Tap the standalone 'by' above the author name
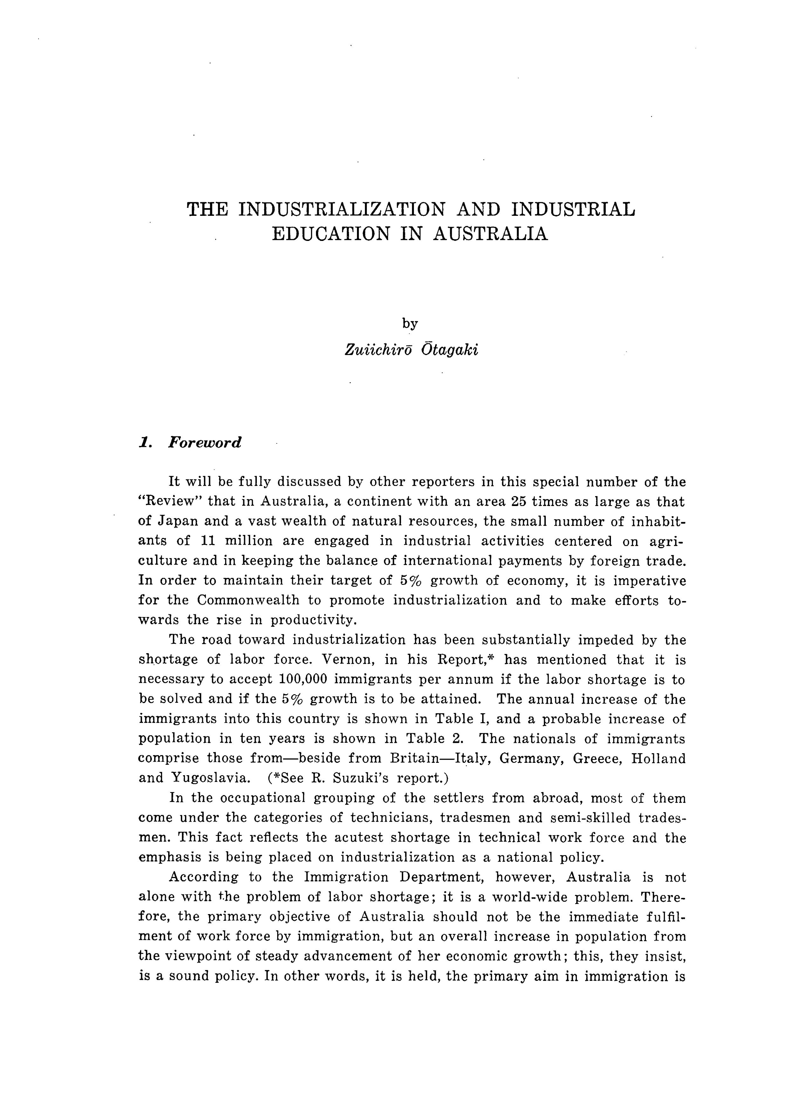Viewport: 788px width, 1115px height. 410,324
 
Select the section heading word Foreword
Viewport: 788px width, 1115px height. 204,443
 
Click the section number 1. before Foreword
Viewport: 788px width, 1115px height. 145,443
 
